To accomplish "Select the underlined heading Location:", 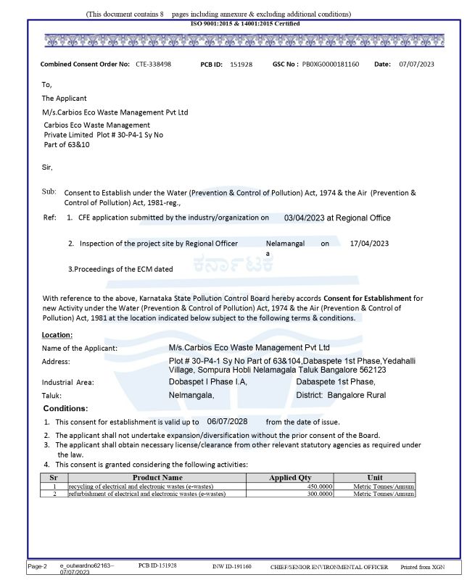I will [x=57, y=335].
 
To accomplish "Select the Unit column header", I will [x=375, y=478].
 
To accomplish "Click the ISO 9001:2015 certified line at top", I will [x=244, y=24].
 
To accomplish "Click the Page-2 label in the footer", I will [x=38, y=564].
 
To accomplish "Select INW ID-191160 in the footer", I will [x=232, y=565].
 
